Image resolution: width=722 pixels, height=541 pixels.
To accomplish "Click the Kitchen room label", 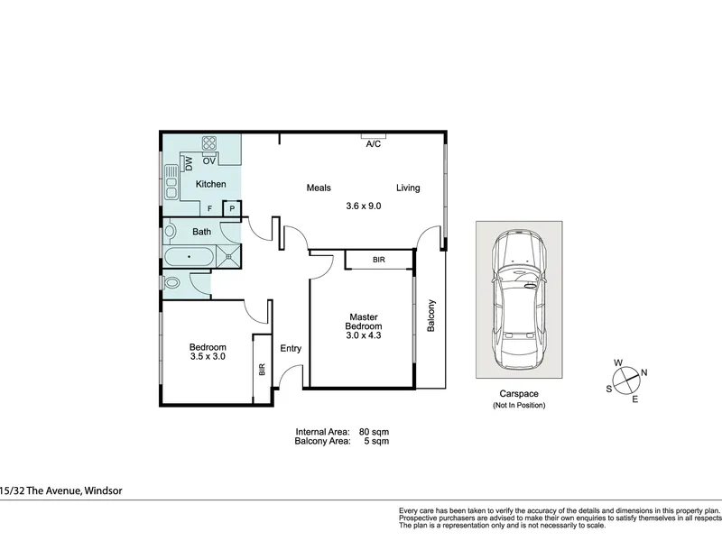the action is pyautogui.click(x=210, y=184).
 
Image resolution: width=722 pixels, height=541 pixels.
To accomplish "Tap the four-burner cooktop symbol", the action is pyautogui.click(x=209, y=143).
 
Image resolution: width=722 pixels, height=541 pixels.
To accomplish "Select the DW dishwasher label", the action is pyautogui.click(x=189, y=163).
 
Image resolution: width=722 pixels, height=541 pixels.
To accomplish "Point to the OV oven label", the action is pyautogui.click(x=209, y=161).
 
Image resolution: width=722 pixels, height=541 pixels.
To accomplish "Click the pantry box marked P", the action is pyautogui.click(x=232, y=208).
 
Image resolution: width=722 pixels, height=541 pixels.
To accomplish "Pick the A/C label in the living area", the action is pyautogui.click(x=374, y=144).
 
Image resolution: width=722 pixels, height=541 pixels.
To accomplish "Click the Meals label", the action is pyautogui.click(x=319, y=188).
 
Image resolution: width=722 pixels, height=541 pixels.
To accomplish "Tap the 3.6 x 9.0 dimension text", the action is pyautogui.click(x=364, y=206).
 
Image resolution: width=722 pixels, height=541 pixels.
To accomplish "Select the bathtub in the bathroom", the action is pyautogui.click(x=190, y=257).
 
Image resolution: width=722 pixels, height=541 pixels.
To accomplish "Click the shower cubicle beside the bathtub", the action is pyautogui.click(x=228, y=256).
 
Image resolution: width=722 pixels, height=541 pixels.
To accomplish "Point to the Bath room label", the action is pyautogui.click(x=201, y=232).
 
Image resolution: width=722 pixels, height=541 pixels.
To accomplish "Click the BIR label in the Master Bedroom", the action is pyautogui.click(x=379, y=260).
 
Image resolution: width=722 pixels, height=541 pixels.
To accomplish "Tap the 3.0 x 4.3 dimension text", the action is pyautogui.click(x=364, y=335).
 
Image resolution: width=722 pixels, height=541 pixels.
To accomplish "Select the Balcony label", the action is pyautogui.click(x=431, y=316).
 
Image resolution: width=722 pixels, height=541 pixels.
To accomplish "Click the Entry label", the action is pyautogui.click(x=291, y=348).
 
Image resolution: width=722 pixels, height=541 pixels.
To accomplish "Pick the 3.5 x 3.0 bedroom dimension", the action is pyautogui.click(x=208, y=356).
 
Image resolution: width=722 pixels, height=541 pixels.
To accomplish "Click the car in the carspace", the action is pyautogui.click(x=519, y=299).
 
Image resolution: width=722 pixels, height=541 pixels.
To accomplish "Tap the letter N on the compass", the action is pyautogui.click(x=644, y=372).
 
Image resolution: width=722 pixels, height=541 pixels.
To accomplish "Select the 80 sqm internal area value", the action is pyautogui.click(x=374, y=432).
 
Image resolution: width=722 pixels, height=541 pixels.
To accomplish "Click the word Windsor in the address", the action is pyautogui.click(x=104, y=491).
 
